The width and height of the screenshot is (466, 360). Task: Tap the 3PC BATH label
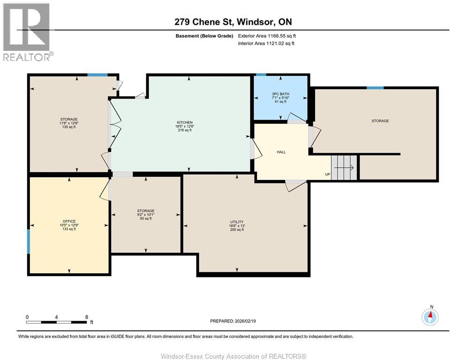coord(280,94)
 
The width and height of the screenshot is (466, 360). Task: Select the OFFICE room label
coord(69,221)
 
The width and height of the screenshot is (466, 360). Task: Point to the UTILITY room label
coord(236,222)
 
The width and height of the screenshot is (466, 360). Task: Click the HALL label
coord(281,152)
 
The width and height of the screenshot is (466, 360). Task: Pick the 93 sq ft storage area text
coord(145,218)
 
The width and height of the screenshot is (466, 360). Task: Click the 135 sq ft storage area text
coord(68,127)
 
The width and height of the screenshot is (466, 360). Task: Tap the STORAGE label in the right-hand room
coord(380,121)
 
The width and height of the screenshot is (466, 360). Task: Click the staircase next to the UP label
coord(344,166)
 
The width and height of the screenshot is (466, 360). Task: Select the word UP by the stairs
coord(328,175)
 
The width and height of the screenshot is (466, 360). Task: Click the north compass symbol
coord(430,317)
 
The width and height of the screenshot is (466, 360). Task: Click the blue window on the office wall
coord(29,241)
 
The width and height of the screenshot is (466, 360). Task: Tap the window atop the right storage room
coord(375,88)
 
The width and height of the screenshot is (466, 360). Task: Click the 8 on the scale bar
coord(86,317)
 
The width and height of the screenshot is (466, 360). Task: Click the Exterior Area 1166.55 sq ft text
coord(267,36)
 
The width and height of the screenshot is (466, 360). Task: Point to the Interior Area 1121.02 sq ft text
coord(266,44)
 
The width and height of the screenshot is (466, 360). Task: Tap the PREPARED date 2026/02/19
coord(233,321)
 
